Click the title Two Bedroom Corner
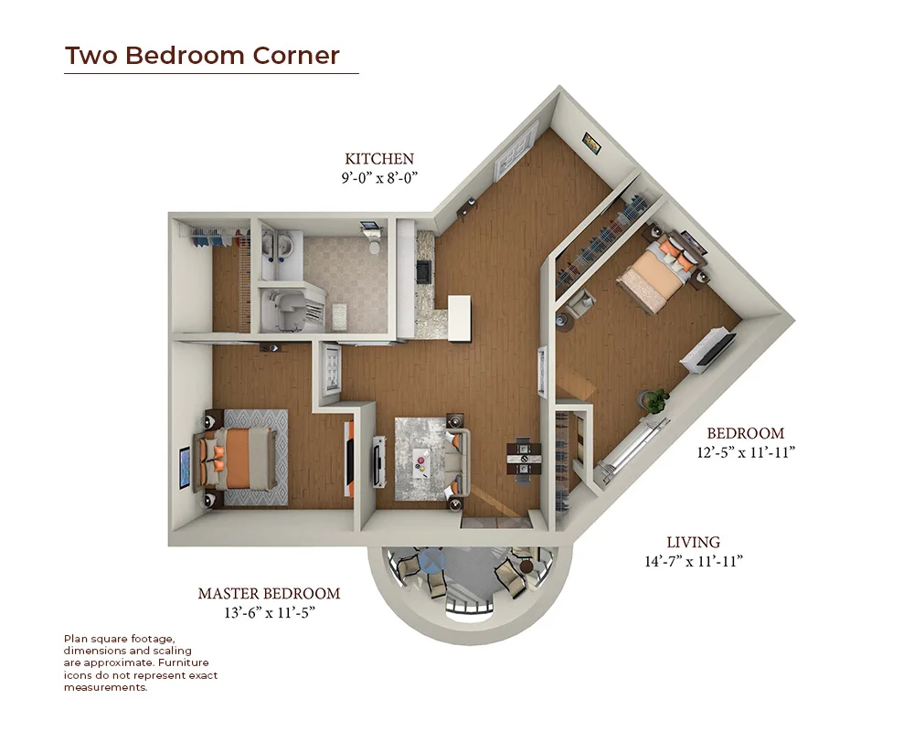(x=202, y=56)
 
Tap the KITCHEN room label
(x=379, y=159)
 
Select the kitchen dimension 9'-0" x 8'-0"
(x=379, y=178)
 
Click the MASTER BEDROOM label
(x=269, y=593)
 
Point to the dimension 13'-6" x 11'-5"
(x=270, y=612)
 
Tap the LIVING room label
(x=693, y=542)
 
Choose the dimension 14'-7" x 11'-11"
(x=694, y=561)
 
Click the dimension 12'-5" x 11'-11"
(x=746, y=452)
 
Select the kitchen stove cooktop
(x=424, y=271)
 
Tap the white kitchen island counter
(x=460, y=318)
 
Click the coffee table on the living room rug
(x=421, y=461)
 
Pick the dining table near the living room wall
(x=524, y=460)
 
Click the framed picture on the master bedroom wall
(x=185, y=468)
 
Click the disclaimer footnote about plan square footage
(x=141, y=662)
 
